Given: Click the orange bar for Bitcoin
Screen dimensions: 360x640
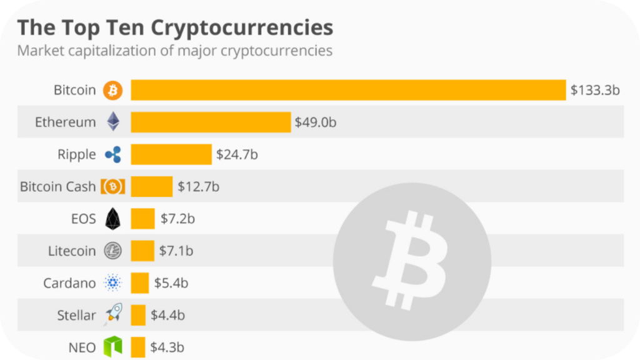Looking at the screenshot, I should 348,90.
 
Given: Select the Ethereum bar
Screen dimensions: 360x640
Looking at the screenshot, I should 211,122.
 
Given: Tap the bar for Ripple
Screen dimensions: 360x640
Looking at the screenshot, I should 171,154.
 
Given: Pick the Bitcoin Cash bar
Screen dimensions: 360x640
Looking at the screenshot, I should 151,186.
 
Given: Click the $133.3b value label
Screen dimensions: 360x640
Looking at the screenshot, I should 594,90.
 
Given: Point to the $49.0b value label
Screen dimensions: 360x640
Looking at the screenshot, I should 316,122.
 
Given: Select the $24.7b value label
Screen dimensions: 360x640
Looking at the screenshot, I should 236,154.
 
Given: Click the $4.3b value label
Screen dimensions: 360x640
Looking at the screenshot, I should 167,347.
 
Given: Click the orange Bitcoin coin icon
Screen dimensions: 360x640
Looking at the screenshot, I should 113,90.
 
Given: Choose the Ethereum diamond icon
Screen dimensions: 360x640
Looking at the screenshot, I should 113,122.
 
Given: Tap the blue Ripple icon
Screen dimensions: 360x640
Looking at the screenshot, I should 113,154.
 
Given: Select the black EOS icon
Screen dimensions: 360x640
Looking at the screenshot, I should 113,219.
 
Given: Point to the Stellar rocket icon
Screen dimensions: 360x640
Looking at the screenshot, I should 113,314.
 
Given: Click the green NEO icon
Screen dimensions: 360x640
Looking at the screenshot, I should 113,347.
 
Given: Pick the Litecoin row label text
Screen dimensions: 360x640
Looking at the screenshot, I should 72,251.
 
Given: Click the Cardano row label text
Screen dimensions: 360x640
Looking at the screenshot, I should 69,283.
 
